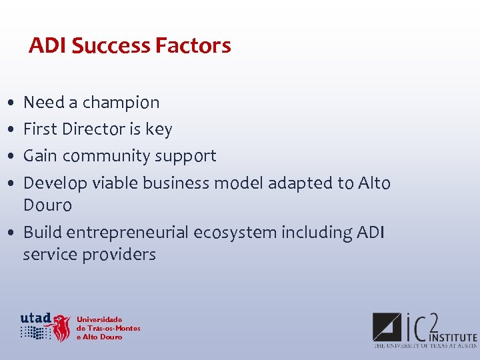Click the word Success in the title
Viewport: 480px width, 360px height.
(111, 46)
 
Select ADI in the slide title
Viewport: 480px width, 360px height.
(47, 46)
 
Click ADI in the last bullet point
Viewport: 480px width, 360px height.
(370, 233)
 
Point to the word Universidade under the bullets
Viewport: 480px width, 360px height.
(99, 320)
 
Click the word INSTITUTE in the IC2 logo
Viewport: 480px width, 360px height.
(453, 337)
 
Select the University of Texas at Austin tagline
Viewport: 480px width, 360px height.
(425, 346)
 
